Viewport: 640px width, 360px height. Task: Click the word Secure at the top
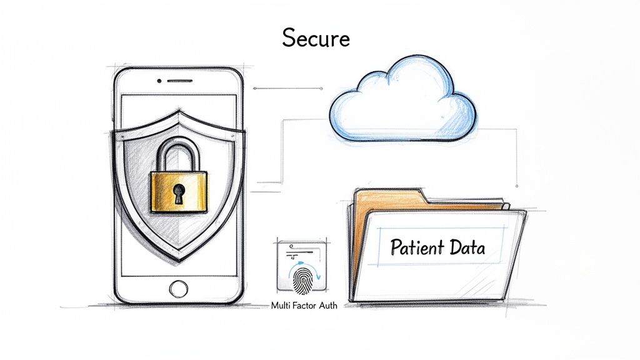315,38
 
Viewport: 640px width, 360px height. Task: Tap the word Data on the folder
467,247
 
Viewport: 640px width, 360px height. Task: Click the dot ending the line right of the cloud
517,185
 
